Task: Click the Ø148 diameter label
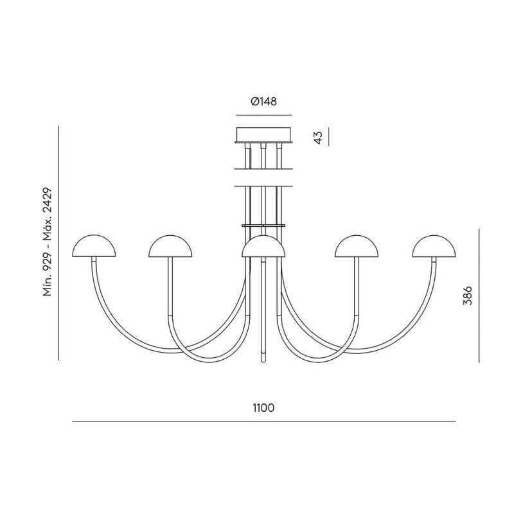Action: pyautogui.click(x=263, y=102)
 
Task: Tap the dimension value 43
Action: pyautogui.click(x=317, y=137)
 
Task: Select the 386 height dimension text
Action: pyautogui.click(x=467, y=296)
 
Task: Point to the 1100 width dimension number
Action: pyautogui.click(x=263, y=408)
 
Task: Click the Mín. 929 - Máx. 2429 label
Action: pyautogui.click(x=48, y=242)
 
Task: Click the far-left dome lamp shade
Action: pyautogui.click(x=94, y=246)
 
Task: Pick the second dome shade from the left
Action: pyautogui.click(x=170, y=246)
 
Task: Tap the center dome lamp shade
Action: pyautogui.click(x=263, y=246)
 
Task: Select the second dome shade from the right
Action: pyautogui.click(x=357, y=246)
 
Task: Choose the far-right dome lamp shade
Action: pyautogui.click(x=434, y=246)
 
